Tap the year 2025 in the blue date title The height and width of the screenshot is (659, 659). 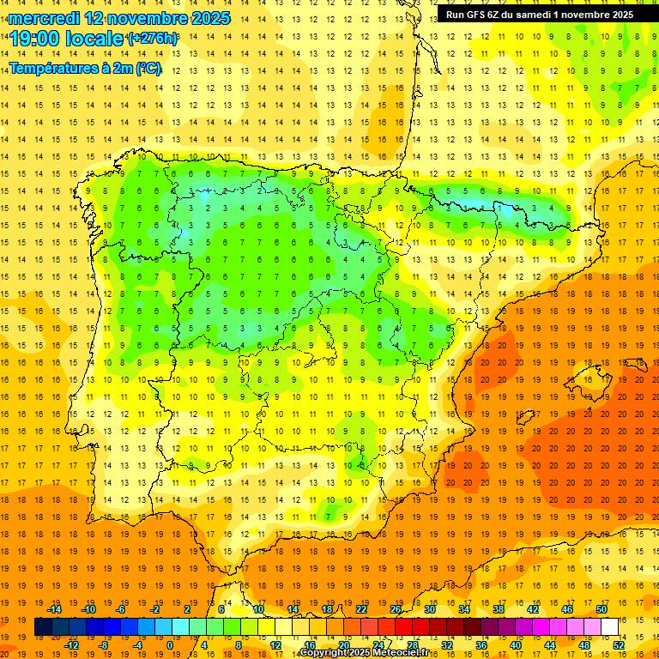[x=205, y=18]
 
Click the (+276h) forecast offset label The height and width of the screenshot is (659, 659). [x=153, y=39]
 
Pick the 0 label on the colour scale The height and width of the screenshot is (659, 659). [x=169, y=645]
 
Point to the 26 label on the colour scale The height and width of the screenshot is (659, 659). [x=396, y=609]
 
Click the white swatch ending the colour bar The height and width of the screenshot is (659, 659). [x=609, y=627]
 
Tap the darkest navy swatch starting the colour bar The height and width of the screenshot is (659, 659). [x=43, y=627]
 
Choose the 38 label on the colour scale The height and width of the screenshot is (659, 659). [x=499, y=609]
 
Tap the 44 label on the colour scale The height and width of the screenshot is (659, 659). [x=550, y=645]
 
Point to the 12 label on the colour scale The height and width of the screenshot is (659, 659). [x=275, y=645]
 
